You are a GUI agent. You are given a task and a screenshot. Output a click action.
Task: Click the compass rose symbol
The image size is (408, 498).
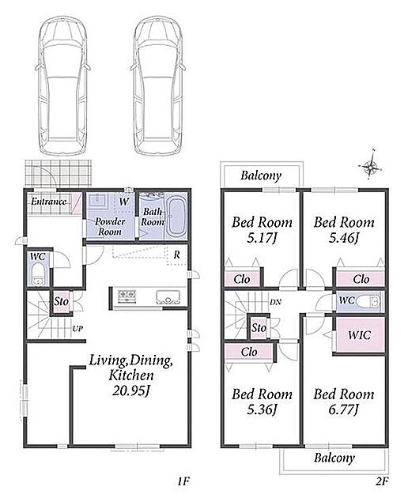point(370,166)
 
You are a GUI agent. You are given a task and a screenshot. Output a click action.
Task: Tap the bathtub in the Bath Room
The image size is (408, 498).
point(176,217)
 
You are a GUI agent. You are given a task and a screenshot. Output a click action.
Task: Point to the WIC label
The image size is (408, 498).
point(359,334)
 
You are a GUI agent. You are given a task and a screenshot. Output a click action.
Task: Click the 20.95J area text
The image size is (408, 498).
point(131,390)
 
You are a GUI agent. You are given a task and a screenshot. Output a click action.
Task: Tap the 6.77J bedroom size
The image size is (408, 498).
point(344,409)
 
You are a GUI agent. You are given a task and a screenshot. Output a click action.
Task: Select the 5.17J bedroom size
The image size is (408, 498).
point(262,238)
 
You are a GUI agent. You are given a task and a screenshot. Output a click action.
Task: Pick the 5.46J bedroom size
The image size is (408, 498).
point(344,238)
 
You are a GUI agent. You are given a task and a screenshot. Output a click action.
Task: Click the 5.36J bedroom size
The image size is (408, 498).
point(262,409)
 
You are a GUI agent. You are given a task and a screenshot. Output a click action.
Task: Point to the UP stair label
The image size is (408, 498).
point(77,329)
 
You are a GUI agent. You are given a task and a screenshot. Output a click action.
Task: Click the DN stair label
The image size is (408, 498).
point(275,302)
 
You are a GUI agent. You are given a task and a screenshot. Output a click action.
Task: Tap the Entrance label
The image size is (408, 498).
point(48,202)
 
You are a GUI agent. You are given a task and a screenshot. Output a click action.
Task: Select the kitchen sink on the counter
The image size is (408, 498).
point(168,296)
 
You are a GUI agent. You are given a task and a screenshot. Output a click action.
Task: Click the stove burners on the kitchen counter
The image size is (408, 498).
point(127,296)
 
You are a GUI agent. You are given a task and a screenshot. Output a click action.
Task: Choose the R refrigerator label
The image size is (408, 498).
point(176,255)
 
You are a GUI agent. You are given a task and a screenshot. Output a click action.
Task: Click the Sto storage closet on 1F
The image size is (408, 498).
point(62,302)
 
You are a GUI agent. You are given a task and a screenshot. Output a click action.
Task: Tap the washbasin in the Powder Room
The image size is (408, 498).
point(99,201)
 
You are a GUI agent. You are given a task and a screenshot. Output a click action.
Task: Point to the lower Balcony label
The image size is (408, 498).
point(334,458)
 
